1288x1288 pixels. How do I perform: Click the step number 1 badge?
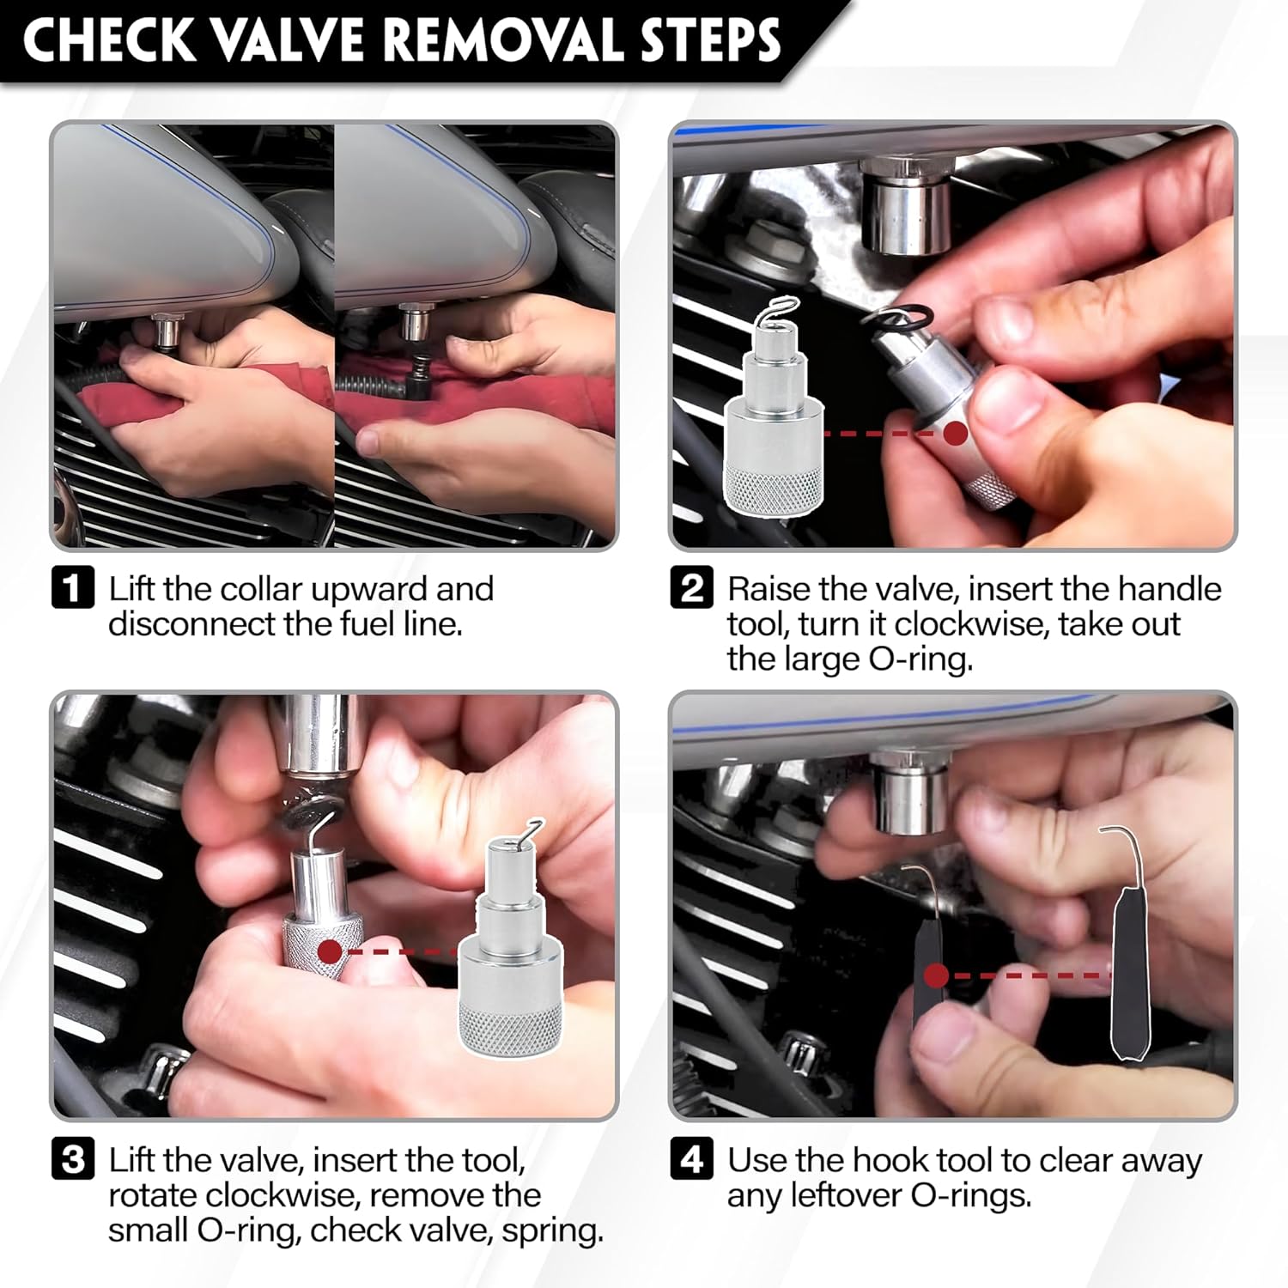point(73,588)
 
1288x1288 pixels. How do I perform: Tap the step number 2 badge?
point(691,588)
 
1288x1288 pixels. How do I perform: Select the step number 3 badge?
point(73,1159)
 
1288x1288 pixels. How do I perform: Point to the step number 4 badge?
point(691,1159)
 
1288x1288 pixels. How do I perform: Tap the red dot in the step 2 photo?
point(955,433)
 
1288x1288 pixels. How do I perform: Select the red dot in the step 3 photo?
point(329,951)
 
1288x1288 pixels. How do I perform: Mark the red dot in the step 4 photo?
point(937,975)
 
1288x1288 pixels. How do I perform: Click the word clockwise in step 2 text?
point(969,624)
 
